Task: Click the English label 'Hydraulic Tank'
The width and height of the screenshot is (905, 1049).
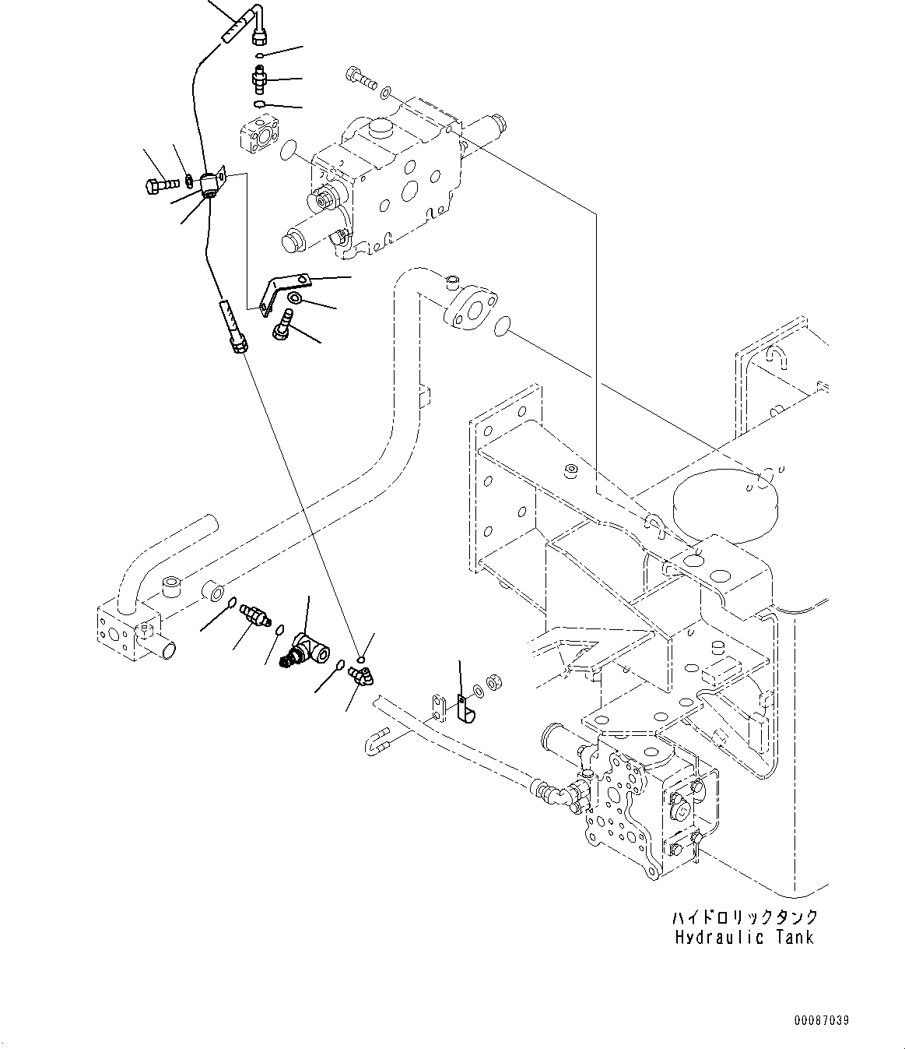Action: coord(744,937)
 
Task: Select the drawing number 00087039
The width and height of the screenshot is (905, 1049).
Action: coord(821,1019)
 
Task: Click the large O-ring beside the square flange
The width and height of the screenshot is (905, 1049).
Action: coord(288,149)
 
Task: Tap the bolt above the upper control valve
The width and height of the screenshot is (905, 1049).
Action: coord(359,77)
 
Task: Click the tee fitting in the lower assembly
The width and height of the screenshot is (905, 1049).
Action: coord(306,649)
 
